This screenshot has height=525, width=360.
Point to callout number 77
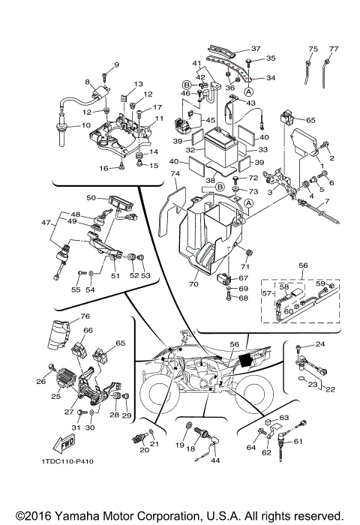(x=334, y=49)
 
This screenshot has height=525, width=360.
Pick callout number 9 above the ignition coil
(x=115, y=65)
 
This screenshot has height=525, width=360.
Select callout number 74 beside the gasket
(x=175, y=173)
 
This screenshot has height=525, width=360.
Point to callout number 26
(x=40, y=381)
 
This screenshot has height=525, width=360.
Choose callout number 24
(x=320, y=343)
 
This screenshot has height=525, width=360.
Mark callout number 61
(x=319, y=442)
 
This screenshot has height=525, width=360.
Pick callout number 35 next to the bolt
(x=271, y=58)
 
